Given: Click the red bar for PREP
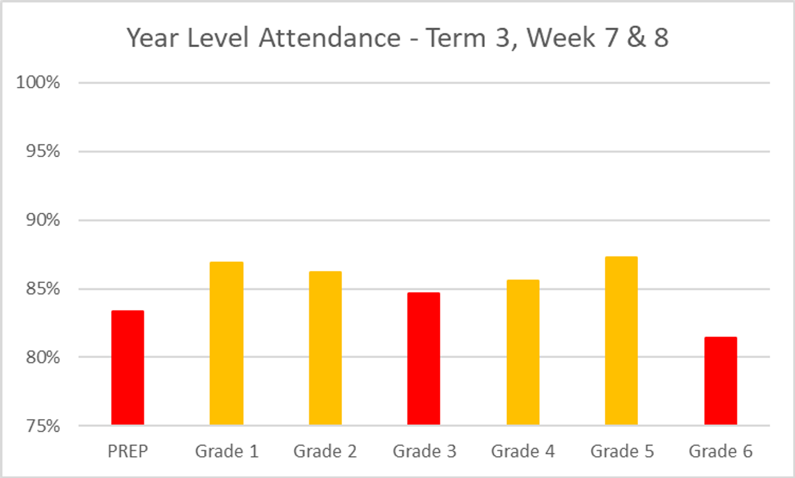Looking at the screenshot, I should [x=127, y=367].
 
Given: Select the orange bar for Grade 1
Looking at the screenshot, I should [x=227, y=343].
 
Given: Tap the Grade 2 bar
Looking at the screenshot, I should [x=325, y=347].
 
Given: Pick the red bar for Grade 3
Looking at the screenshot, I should [x=423, y=358].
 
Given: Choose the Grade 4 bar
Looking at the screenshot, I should [x=523, y=352].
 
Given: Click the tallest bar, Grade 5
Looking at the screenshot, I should [x=621, y=340].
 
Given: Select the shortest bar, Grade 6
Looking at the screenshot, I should [x=721, y=381].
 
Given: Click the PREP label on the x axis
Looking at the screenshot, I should [x=127, y=452].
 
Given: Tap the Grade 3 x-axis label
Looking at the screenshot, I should [x=424, y=452].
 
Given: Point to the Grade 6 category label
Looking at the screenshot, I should [x=721, y=452].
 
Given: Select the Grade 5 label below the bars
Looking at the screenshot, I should [x=621, y=452].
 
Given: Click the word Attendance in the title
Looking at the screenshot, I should [x=329, y=38].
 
